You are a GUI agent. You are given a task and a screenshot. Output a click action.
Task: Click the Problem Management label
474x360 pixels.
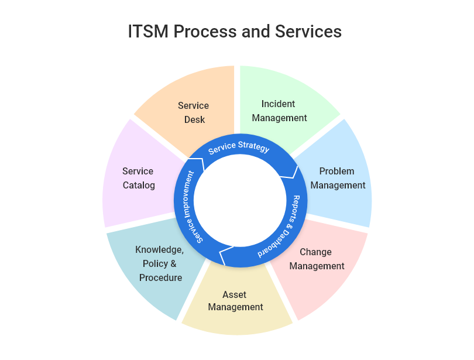point(338,179)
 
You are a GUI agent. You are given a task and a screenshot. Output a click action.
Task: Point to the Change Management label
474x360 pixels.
point(316,259)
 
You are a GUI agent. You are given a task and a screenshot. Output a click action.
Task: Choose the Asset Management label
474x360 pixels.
point(235,301)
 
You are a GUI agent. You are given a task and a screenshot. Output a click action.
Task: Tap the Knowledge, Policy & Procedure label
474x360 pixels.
point(160,263)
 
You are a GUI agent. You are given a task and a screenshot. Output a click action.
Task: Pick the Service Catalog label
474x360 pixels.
point(138,179)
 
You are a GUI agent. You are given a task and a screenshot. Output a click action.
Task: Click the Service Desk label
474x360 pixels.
point(193,112)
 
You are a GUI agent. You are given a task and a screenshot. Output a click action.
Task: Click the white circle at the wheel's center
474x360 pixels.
point(237,203)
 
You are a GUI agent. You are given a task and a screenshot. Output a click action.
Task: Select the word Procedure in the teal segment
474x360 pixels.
point(160,278)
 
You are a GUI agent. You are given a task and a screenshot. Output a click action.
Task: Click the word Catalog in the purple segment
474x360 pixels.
point(139,186)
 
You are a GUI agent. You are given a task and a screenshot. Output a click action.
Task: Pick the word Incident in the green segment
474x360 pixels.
point(278,104)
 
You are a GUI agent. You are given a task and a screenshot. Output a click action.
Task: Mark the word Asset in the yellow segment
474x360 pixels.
point(235,294)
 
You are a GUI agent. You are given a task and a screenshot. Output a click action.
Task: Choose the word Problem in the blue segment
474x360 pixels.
point(336,172)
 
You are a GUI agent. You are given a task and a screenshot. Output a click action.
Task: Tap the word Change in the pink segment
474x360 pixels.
point(315,252)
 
